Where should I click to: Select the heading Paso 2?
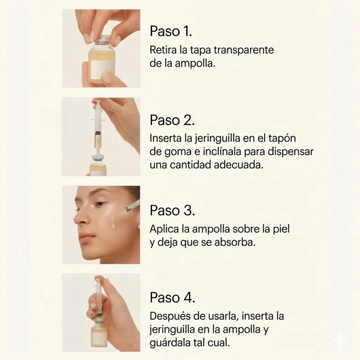point(173,120)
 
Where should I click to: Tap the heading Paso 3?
point(173,210)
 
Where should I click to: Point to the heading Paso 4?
point(173,298)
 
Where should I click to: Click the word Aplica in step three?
point(165,228)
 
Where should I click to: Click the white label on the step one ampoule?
point(103,68)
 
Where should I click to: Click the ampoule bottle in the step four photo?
point(99,333)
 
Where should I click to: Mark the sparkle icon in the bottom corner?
point(339,340)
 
